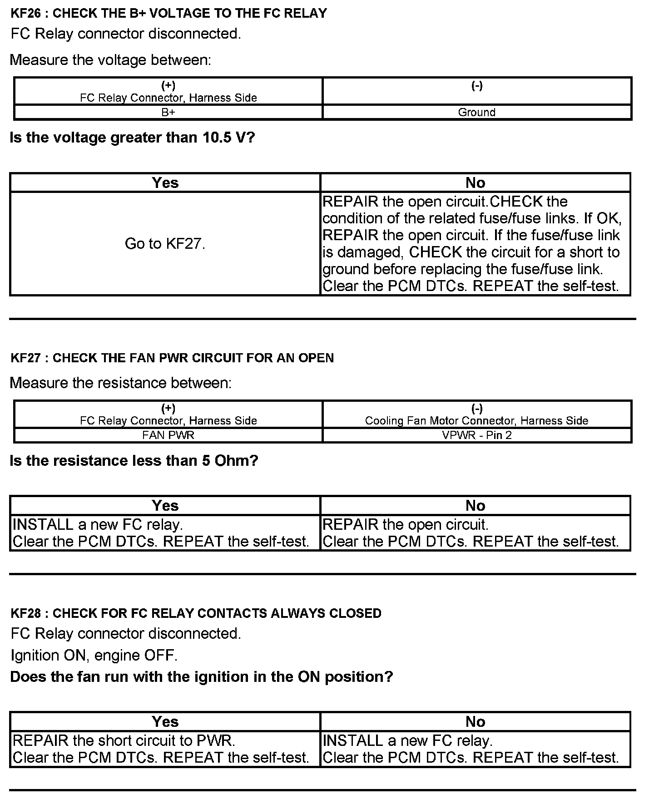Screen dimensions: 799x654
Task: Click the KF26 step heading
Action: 168,13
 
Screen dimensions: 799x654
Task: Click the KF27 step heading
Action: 172,358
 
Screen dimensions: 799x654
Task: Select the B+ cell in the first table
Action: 168,112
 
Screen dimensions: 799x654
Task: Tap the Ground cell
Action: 476,112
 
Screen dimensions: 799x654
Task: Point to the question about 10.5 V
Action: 132,138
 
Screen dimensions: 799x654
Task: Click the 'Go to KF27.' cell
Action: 165,244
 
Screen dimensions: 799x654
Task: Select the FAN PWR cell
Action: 168,435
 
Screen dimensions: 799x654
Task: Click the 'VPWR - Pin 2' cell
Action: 476,435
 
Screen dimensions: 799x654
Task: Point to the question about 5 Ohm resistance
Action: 134,461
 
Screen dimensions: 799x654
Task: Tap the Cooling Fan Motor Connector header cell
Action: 476,414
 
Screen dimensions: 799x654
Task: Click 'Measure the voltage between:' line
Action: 110,60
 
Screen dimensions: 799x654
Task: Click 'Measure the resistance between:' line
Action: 120,383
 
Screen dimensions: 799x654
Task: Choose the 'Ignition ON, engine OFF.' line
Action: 94,655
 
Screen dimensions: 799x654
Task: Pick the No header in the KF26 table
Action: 475,182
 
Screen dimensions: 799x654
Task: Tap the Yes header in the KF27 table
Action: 165,505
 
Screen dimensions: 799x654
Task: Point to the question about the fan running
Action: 201,677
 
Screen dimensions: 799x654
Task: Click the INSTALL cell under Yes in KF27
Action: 165,533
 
